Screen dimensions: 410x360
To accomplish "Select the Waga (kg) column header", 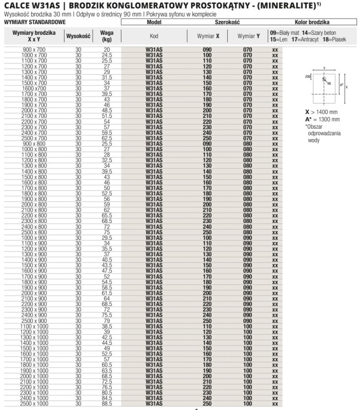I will coord(107,36).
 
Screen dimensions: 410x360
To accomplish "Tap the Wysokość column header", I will coord(78,36).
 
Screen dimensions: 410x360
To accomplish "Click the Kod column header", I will coord(154,36).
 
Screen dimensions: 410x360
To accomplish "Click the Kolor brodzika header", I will coord(312,23).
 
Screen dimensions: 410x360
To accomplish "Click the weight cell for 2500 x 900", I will coord(107,321).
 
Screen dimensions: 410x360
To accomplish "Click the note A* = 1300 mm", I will coord(322,119).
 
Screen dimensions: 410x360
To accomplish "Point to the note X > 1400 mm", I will coord(322,112).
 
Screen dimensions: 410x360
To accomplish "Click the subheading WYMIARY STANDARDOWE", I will coord(27,23).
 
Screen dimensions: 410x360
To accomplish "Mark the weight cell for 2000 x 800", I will coord(107,204).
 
